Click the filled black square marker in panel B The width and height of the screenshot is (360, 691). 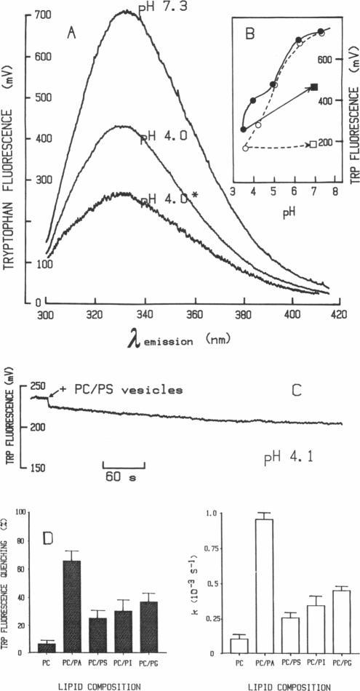(315, 87)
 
